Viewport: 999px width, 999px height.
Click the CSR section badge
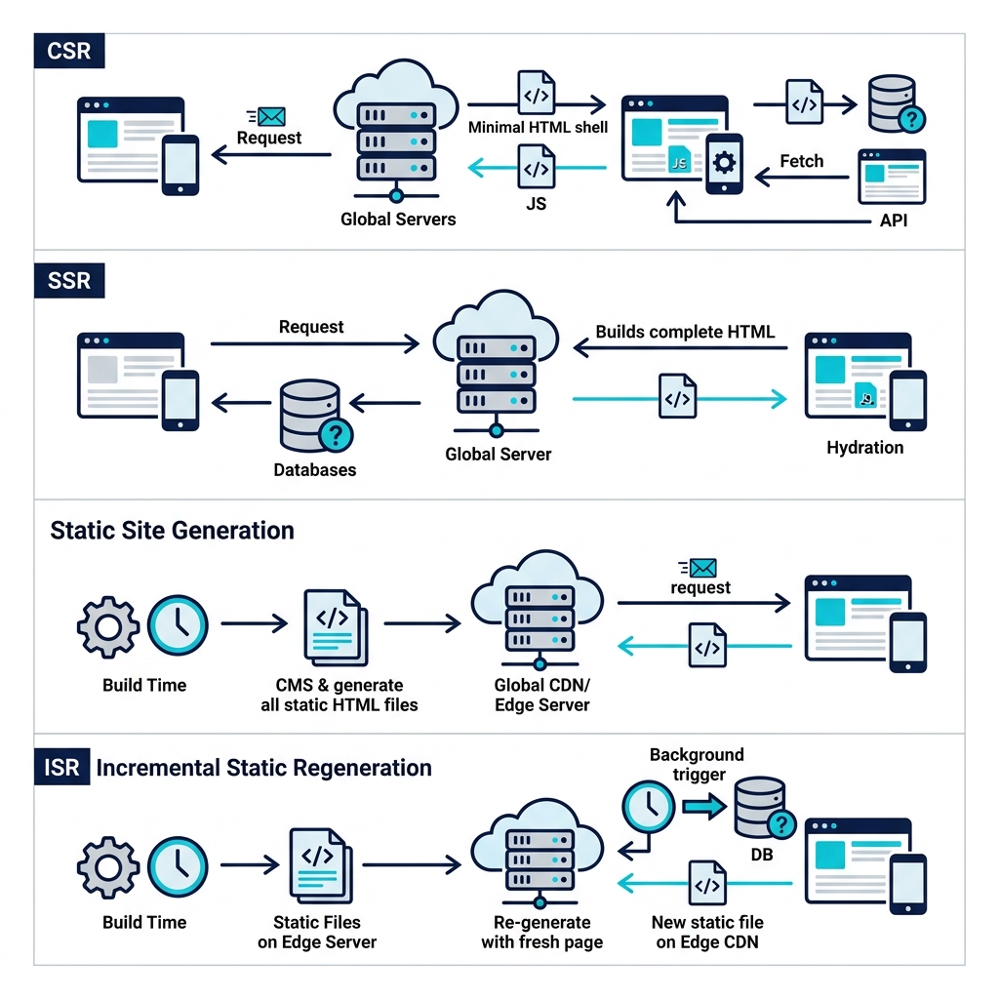[x=68, y=51]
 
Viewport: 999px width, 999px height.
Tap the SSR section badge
[x=68, y=281]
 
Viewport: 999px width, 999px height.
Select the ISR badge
[x=62, y=768]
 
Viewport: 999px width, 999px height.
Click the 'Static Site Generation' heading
[x=172, y=531]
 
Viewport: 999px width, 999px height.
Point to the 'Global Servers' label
[x=398, y=220]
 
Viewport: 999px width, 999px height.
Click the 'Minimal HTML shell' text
[x=538, y=127]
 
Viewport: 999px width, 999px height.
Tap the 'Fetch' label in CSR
[x=801, y=161]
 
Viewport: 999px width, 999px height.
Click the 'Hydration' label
[x=864, y=448]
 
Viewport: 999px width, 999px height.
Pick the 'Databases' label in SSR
[x=314, y=469]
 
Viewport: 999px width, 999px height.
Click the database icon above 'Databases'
[x=312, y=414]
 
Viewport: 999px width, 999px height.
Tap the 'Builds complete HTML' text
[x=685, y=332]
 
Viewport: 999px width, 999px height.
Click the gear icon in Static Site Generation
[x=108, y=625]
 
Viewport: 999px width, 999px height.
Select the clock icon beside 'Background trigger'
[x=647, y=806]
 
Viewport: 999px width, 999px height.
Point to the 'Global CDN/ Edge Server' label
[x=542, y=695]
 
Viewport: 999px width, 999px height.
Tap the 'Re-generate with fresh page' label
[x=541, y=932]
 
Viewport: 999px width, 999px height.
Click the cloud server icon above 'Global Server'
[x=497, y=366]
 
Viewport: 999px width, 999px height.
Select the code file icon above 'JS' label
[x=536, y=168]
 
